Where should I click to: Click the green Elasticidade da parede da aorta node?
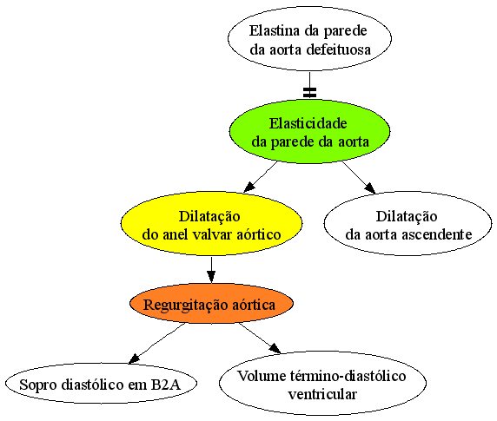coord(309,132)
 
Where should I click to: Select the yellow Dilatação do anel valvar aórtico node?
coord(211,223)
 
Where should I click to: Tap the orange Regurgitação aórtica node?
coord(211,304)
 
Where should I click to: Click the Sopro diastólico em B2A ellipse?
coord(101,384)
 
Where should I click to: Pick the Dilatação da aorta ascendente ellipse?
coord(408,223)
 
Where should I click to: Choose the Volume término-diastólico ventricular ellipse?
coord(322,384)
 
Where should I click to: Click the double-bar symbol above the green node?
coord(309,92)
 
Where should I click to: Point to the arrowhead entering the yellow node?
coord(249,187)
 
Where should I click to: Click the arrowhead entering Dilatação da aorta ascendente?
coord(370,188)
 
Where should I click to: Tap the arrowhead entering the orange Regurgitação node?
coord(211,277)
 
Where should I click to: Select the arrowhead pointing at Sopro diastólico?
coord(134,359)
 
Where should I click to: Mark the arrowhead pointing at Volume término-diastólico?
coord(275,348)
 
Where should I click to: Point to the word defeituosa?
coord(339,49)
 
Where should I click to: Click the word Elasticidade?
coord(308,123)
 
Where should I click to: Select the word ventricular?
coord(322,394)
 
